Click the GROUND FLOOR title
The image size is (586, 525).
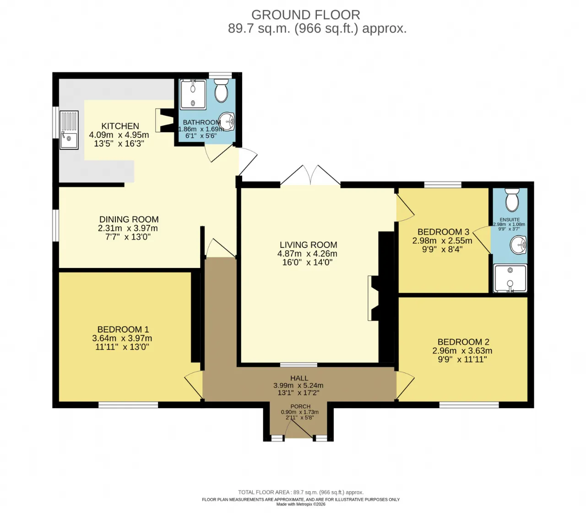(305, 15)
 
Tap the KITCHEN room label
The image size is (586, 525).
(120, 126)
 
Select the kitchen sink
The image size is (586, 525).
(69, 130)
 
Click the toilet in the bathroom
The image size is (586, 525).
(222, 90)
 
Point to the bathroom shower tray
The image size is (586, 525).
(193, 94)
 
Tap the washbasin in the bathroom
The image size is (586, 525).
(227, 122)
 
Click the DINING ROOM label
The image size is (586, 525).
(129, 219)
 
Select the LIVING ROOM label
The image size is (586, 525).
(308, 245)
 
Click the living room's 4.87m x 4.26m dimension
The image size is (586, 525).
(307, 254)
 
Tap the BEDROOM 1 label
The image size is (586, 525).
(123, 329)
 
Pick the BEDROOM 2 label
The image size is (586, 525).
(463, 342)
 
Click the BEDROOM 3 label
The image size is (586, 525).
(444, 232)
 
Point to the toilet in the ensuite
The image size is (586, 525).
(512, 200)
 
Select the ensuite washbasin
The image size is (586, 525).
(518, 245)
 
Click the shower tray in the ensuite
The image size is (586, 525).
(510, 278)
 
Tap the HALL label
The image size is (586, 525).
(299, 378)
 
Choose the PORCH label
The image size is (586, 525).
(300, 406)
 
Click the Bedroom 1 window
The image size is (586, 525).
(128, 405)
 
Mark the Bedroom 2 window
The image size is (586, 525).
(469, 405)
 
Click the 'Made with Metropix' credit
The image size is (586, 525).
(301, 504)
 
